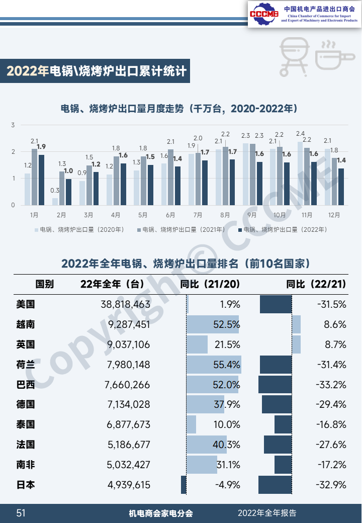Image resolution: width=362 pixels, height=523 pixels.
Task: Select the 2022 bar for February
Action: [69, 192]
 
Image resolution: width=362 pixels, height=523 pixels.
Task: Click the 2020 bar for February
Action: [55, 201]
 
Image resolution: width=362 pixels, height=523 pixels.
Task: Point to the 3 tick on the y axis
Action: [13, 125]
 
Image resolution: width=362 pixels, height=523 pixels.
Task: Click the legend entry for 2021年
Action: [182, 230]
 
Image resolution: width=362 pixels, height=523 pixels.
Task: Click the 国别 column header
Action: [44, 284]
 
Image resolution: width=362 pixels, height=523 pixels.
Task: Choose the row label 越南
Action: [26, 324]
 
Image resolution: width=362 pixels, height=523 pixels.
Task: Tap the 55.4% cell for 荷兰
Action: [227, 365]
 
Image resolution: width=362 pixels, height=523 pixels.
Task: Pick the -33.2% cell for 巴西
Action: [332, 385]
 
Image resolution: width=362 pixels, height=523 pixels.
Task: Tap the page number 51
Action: [21, 513]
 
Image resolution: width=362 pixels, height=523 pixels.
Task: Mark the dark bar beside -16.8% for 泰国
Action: [283, 424]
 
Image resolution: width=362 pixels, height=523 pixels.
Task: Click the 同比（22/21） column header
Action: [316, 284]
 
